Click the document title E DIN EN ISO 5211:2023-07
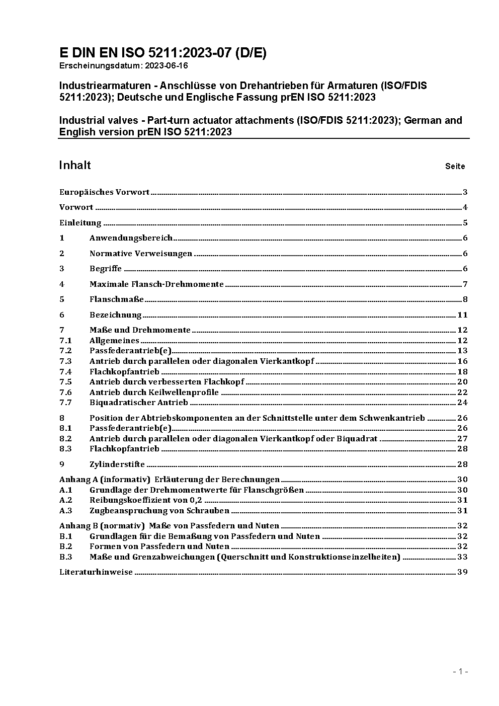tap(162, 53)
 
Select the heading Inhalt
tap(75, 166)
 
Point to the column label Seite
tap(455, 166)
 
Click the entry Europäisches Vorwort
tap(104, 192)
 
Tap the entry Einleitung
tap(80, 223)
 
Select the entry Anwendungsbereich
tap(131, 238)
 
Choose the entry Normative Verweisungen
tap(141, 254)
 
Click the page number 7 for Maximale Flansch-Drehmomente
tap(465, 284)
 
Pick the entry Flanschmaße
tap(117, 299)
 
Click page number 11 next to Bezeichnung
tap(463, 315)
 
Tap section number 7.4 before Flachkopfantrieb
tap(65, 372)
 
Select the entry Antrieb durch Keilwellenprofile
tap(154, 393)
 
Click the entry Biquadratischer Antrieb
tap(138, 403)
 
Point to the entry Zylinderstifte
tap(117, 464)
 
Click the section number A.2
tap(66, 500)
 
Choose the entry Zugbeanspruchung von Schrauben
tap(159, 511)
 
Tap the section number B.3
tap(66, 557)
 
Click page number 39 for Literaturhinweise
tap(462, 572)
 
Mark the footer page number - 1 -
tap(461, 671)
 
